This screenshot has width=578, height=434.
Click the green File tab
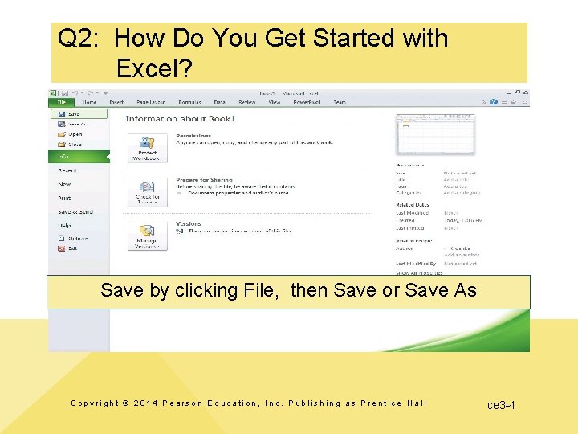coord(61,102)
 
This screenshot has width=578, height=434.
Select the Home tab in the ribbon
coord(89,102)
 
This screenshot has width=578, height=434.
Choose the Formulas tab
coord(190,102)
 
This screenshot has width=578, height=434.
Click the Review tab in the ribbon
coord(247,102)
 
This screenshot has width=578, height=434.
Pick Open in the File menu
coord(74,134)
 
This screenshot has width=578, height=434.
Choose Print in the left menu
coord(64,198)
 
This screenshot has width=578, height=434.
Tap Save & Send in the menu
coord(75,211)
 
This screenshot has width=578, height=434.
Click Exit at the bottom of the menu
coord(72,248)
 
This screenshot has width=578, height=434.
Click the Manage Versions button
coord(148,236)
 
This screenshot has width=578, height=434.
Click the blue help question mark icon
coord(504,102)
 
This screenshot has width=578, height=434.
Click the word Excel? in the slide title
coord(153,68)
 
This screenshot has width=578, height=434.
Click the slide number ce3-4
coord(501,405)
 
